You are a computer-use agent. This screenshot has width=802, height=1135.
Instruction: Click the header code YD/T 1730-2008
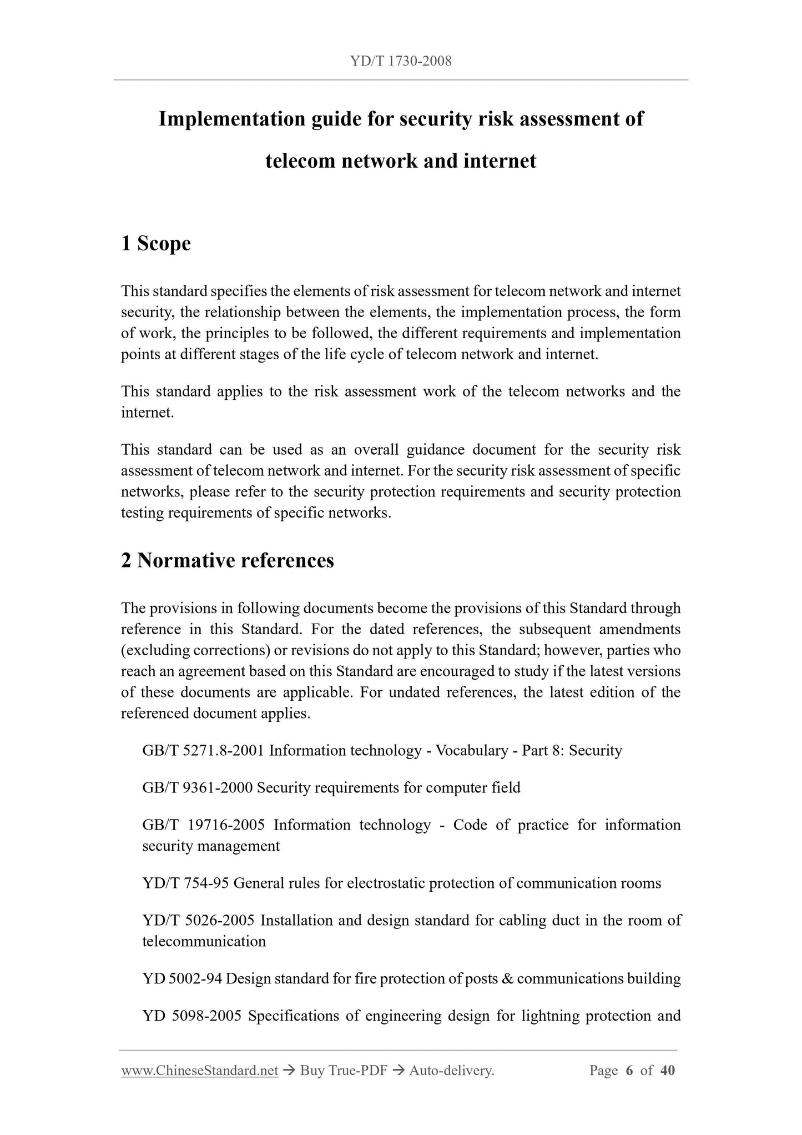[401, 62]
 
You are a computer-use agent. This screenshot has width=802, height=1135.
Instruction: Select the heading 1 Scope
[156, 243]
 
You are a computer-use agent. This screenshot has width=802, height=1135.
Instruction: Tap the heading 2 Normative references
[228, 560]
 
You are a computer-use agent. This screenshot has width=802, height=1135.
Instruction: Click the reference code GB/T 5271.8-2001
[203, 751]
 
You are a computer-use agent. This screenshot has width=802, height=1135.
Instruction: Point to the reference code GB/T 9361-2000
[197, 788]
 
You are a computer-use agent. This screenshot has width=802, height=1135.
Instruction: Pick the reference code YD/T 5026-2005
[198, 921]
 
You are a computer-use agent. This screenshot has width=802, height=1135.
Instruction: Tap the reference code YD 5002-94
[182, 979]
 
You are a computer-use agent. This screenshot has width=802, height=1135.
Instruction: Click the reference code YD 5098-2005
[191, 1016]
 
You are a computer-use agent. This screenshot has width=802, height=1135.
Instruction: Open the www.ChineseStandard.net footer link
[199, 1071]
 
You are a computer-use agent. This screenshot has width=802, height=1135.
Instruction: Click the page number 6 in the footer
[629, 1071]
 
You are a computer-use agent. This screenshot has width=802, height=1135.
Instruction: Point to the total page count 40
[668, 1071]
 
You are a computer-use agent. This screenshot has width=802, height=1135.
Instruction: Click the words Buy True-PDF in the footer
[343, 1071]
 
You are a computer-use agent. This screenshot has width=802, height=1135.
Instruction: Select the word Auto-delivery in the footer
[451, 1071]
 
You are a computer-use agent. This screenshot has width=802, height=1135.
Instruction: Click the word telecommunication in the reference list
[204, 942]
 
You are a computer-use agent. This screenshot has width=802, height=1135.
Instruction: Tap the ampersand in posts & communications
[507, 979]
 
